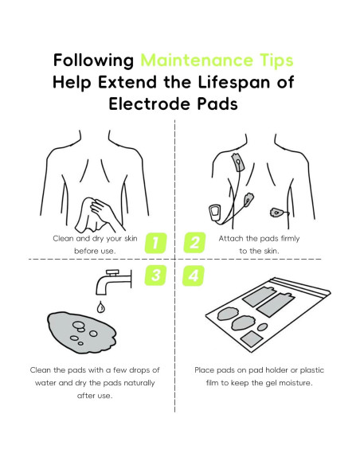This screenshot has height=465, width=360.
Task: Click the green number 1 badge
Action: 156,243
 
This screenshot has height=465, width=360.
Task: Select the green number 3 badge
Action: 156,275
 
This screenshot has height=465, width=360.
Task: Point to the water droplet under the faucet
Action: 100,307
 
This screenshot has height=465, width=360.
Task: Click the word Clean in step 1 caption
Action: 63,238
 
